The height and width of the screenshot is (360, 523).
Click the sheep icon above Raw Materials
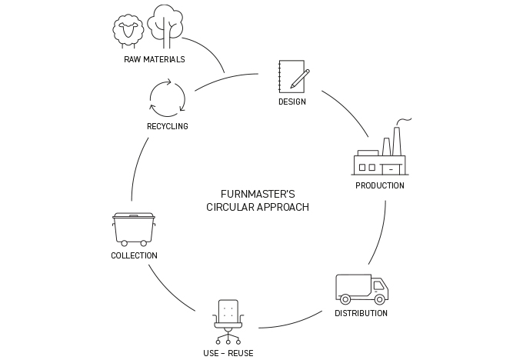pos(128,30)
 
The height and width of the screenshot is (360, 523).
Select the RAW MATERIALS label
pos(154,59)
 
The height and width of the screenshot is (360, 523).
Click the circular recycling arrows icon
pos(167,98)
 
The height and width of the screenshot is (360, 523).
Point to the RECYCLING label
pos(167,126)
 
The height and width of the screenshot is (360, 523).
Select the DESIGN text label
pos(292,102)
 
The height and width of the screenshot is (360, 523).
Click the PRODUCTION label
pos(379,185)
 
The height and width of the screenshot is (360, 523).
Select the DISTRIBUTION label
pos(361,313)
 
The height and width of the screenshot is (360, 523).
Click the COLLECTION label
pos(134,255)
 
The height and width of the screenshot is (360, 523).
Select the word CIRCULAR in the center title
pos(232,208)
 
